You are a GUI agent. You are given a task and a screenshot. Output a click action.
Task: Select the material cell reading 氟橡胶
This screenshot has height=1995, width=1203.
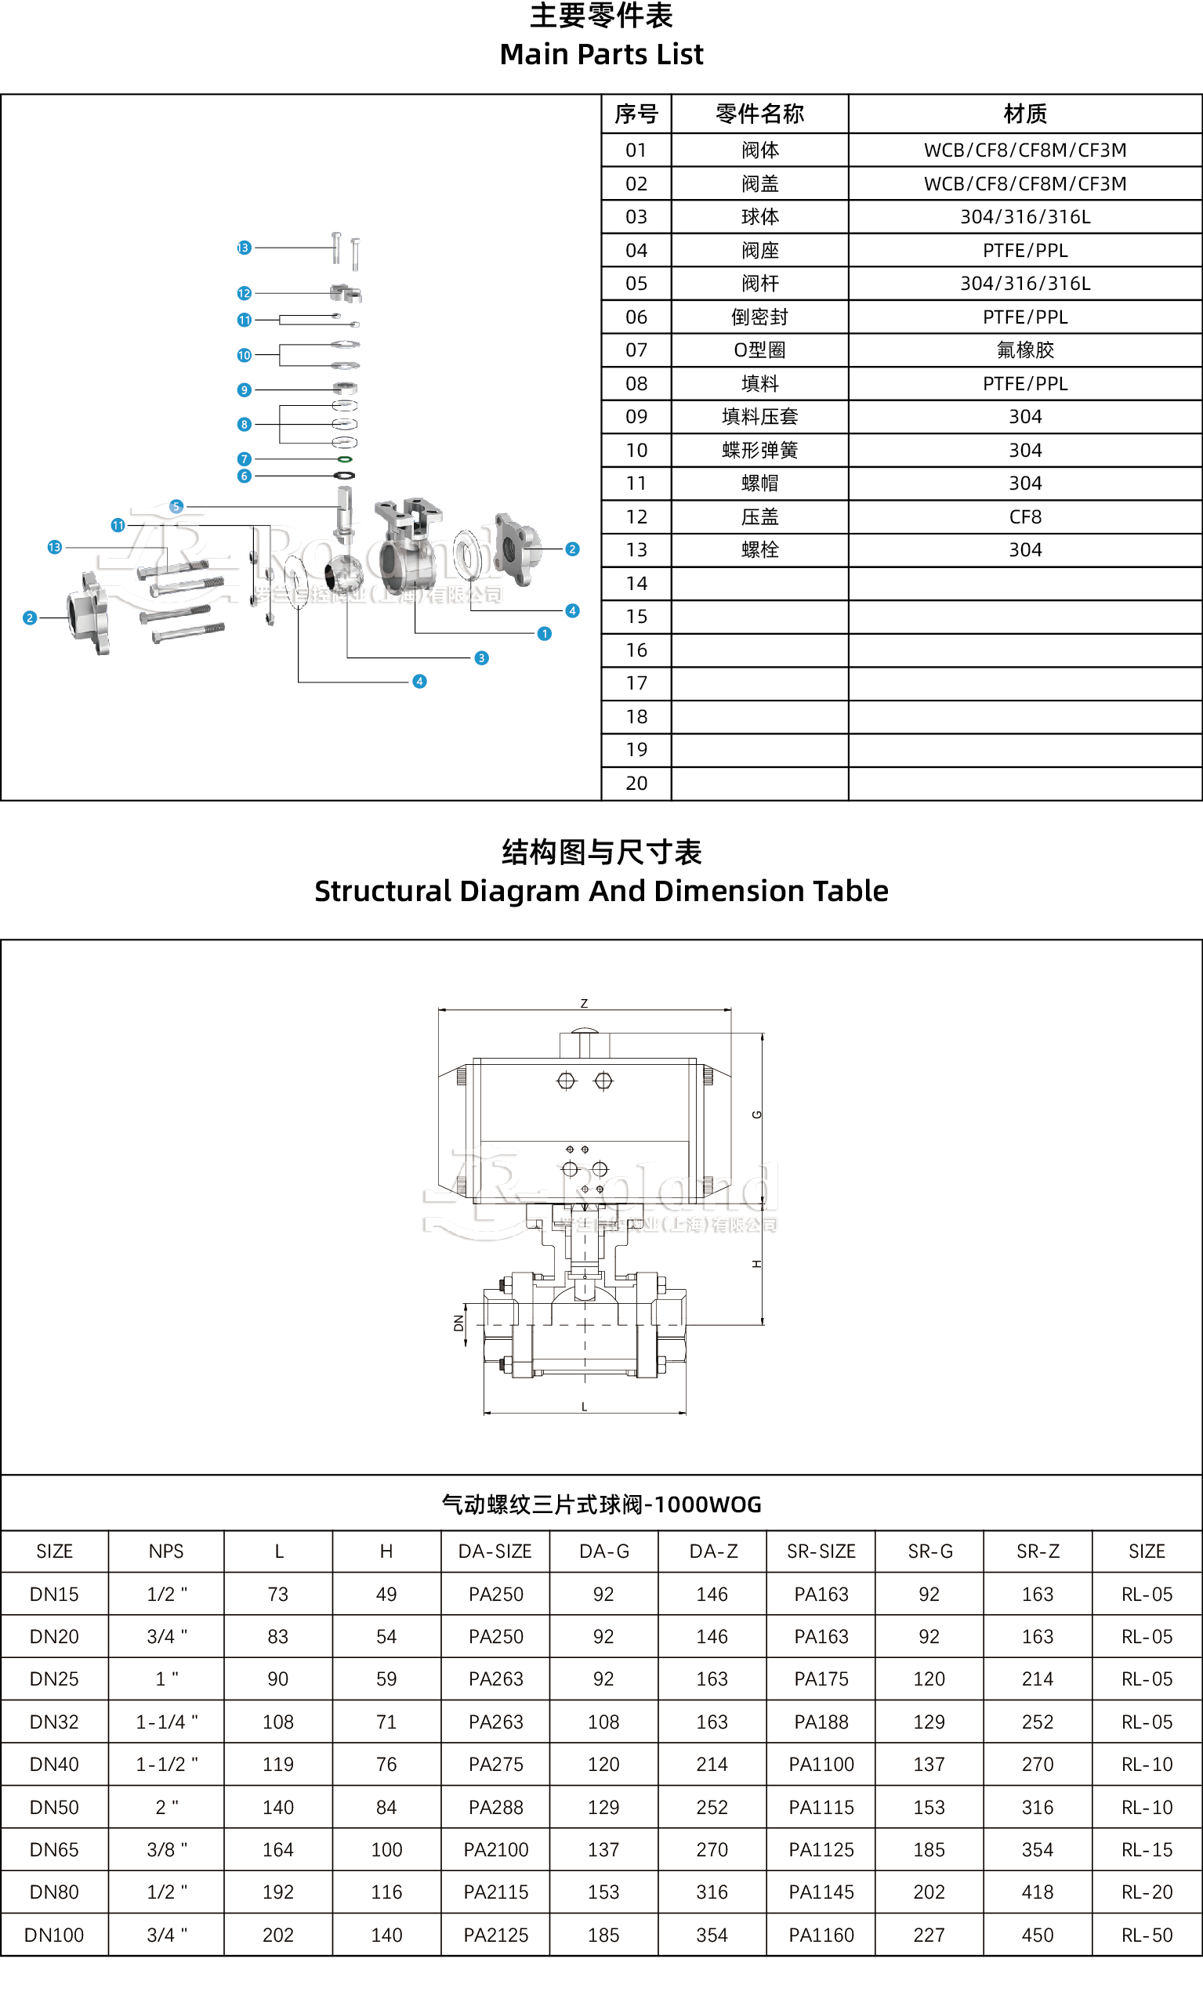pyautogui.click(x=1025, y=349)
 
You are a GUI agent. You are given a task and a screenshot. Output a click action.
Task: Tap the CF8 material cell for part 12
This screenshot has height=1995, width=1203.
pyautogui.click(x=1025, y=516)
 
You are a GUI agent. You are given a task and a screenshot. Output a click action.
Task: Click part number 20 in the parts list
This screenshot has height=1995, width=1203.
pyautogui.click(x=636, y=783)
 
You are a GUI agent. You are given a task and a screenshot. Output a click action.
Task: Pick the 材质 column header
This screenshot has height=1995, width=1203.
pyautogui.click(x=1025, y=114)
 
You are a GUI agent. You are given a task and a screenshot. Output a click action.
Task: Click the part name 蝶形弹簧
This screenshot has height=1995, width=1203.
pyautogui.click(x=759, y=451)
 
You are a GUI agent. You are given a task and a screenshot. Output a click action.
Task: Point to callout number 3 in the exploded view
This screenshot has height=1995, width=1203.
pyautogui.click(x=482, y=658)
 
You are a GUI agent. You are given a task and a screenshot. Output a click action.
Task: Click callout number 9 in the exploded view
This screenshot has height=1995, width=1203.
pyautogui.click(x=244, y=390)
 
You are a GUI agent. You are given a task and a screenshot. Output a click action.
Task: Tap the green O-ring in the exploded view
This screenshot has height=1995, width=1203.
pyautogui.click(x=345, y=459)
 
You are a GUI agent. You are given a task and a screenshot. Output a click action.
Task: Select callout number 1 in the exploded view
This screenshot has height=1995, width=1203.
pyautogui.click(x=544, y=634)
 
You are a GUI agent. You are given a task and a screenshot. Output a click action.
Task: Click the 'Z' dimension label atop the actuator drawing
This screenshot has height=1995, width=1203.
pyautogui.click(x=584, y=1004)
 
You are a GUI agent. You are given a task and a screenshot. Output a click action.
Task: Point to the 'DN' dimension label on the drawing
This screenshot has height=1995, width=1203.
pyautogui.click(x=459, y=1323)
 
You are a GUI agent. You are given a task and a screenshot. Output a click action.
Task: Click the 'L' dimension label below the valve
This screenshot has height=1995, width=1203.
pyautogui.click(x=584, y=1407)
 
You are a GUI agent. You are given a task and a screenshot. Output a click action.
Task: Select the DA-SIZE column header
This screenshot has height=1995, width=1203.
pyautogui.click(x=495, y=1551)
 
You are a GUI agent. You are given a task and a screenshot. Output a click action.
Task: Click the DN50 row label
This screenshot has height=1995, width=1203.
pyautogui.click(x=54, y=1807)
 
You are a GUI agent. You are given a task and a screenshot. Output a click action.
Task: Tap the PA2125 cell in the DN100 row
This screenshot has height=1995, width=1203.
pyautogui.click(x=495, y=1935)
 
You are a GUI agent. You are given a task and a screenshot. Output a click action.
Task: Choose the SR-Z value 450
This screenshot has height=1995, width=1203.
pyautogui.click(x=1037, y=1935)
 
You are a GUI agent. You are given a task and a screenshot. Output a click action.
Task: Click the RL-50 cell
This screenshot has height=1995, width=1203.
pyautogui.click(x=1147, y=1935)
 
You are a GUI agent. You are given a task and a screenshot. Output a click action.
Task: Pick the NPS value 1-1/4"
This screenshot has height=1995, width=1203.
pyautogui.click(x=167, y=1722)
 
